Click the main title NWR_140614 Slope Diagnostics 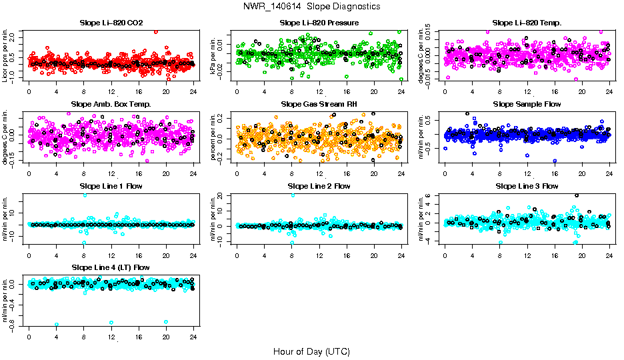[312, 6]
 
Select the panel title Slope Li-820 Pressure [319, 23]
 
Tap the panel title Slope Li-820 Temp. [527, 23]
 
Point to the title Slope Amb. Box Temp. [111, 104]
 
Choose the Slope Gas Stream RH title [319, 104]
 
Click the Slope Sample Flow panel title [527, 104]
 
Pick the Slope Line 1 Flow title [111, 186]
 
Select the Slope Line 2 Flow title [319, 186]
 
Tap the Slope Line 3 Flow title [527, 186]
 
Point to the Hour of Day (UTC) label [311, 351]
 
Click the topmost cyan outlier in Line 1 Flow [85, 195]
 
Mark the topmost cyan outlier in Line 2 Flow [293, 195]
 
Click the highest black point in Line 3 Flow [577, 195]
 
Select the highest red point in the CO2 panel [156, 31]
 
